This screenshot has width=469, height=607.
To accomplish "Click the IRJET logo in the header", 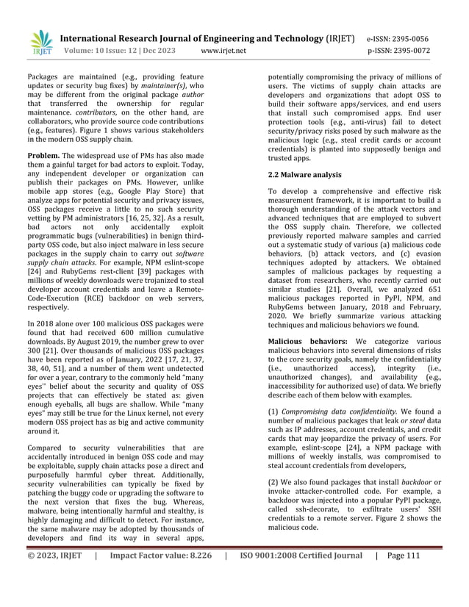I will [x=43, y=44].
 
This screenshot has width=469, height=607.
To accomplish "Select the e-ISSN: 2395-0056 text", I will [x=398, y=39].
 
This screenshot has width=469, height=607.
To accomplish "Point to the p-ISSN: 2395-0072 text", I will [x=398, y=52].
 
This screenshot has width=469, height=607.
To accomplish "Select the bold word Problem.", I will [x=43, y=156].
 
